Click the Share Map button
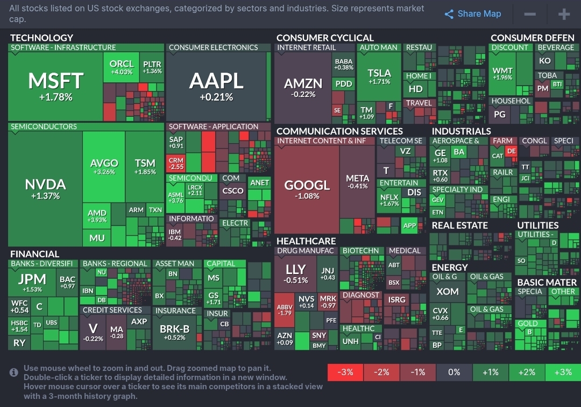coord(473,14)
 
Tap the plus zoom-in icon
coord(564,14)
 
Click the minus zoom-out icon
coord(530,14)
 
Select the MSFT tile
coord(55,86)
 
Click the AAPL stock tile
coord(216,86)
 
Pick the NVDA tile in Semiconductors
coord(45,188)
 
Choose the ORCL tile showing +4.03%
coord(121,67)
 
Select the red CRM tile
coord(176,163)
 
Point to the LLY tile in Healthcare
coord(295,273)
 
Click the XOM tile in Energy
coord(447,291)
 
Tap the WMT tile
coord(502,74)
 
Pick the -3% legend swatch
coord(345,372)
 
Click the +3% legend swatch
coord(563,372)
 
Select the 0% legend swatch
coord(454,372)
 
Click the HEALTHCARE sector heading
coord(306,241)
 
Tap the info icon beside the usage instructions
coord(14,372)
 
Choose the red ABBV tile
coord(285,310)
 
